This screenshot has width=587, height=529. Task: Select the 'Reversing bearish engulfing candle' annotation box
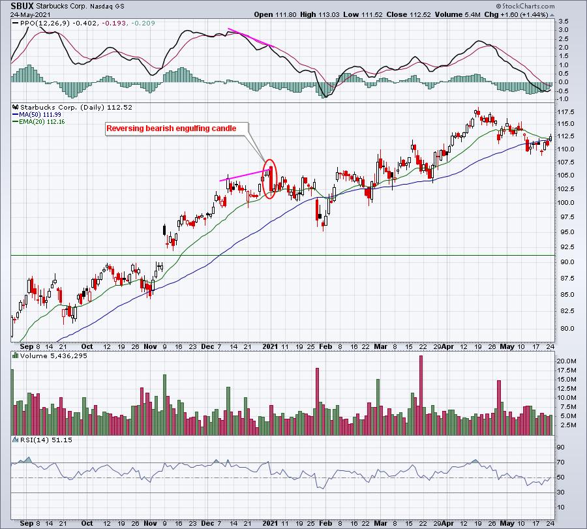[x=171, y=128]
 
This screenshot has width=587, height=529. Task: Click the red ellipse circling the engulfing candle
[x=271, y=177]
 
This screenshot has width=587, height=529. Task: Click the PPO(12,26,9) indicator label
[x=40, y=22]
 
